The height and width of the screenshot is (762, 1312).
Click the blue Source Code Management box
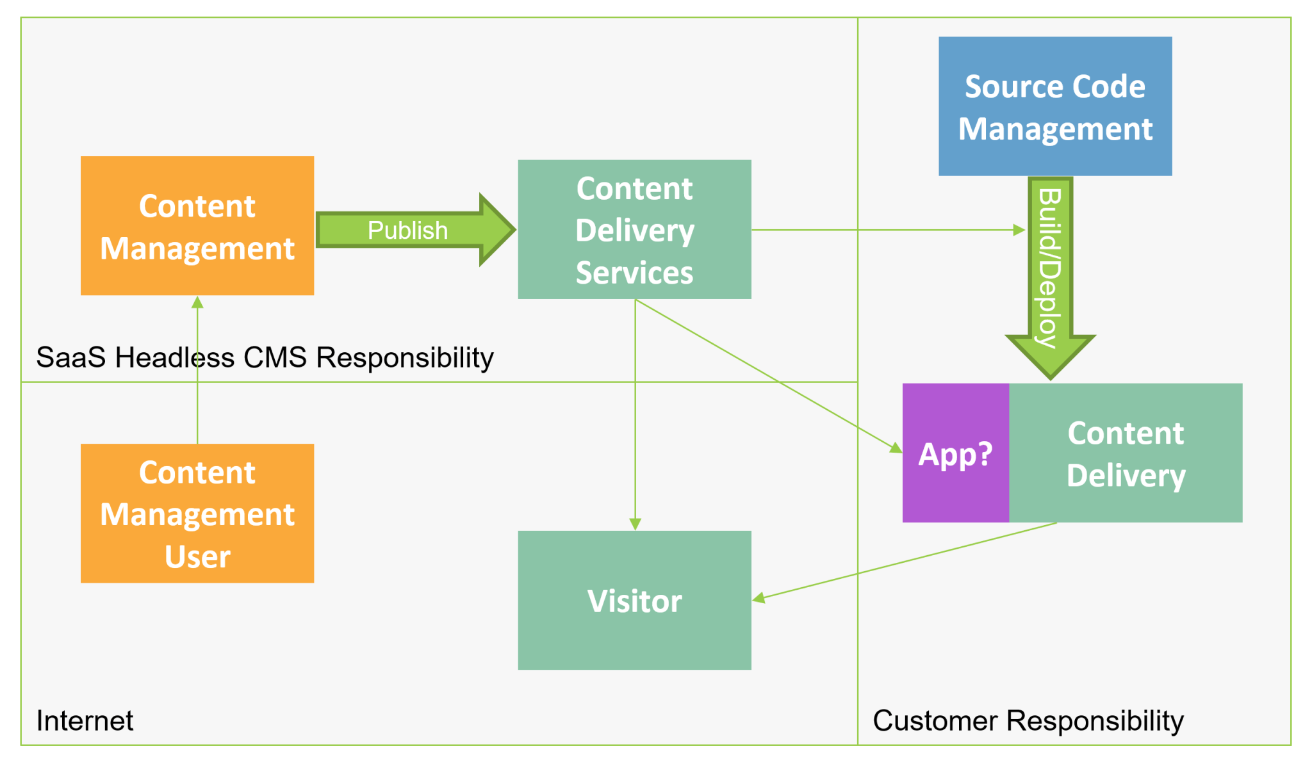click(x=1054, y=106)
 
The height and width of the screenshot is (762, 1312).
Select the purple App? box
click(x=955, y=453)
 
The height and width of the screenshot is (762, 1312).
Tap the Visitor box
click(x=634, y=600)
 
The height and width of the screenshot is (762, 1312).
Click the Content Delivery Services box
click(x=634, y=229)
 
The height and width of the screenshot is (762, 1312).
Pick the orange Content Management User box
click(x=197, y=513)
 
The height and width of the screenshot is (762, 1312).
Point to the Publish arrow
click(x=407, y=230)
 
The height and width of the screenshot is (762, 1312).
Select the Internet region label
click(x=85, y=720)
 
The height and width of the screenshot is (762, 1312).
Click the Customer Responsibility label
click(x=1028, y=720)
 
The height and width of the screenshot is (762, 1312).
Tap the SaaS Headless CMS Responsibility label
click(x=265, y=357)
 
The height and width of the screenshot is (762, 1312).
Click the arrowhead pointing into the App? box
click(x=896, y=448)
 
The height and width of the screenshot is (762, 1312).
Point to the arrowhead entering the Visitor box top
click(x=635, y=524)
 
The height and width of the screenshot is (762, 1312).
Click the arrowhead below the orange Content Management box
click(x=197, y=302)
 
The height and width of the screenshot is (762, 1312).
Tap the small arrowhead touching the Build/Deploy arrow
click(x=1019, y=230)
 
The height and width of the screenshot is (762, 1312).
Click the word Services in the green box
click(x=634, y=273)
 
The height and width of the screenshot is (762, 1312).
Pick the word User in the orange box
click(x=197, y=556)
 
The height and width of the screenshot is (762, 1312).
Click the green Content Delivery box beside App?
click(x=1126, y=453)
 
